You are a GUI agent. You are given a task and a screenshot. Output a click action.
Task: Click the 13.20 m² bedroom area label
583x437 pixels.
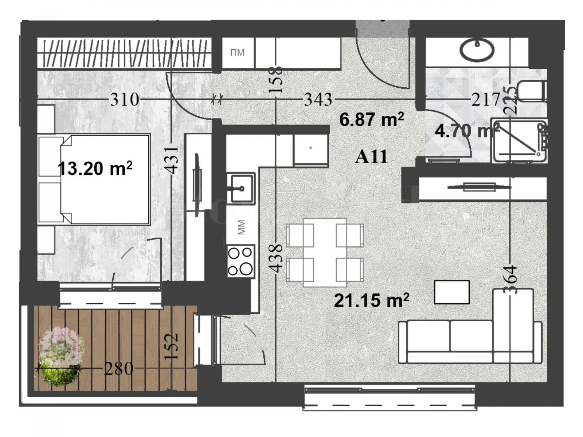pos(95,169)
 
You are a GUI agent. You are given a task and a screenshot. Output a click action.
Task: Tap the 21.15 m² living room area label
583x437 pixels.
pos(371,301)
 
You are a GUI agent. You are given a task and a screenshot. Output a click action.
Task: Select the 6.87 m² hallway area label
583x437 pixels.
pos(371,119)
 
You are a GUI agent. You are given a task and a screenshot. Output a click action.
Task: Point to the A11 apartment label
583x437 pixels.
pos(371,157)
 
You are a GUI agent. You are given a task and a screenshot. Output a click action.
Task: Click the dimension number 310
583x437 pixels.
pos(125,99)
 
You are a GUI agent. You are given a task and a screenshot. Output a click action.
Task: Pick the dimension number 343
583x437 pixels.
pos(318,99)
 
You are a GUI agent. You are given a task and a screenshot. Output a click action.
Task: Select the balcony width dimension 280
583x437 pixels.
pos(118,369)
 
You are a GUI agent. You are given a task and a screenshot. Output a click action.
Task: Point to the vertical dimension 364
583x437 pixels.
pos(511,280)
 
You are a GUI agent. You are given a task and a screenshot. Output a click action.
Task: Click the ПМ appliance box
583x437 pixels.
pos(237,53)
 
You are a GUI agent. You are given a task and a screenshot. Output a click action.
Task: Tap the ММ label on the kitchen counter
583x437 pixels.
pos(241,227)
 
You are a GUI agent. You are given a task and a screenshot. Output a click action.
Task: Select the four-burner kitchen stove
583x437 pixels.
pos(240,261)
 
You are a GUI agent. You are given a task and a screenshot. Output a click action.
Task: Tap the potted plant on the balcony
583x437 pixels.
pos(60,357)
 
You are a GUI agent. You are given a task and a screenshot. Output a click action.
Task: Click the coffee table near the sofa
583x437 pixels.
pos(451,292)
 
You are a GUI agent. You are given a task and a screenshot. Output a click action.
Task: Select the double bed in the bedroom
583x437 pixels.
pos(98,179)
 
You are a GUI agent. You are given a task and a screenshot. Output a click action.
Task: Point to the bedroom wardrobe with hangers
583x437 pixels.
pos(124,53)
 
